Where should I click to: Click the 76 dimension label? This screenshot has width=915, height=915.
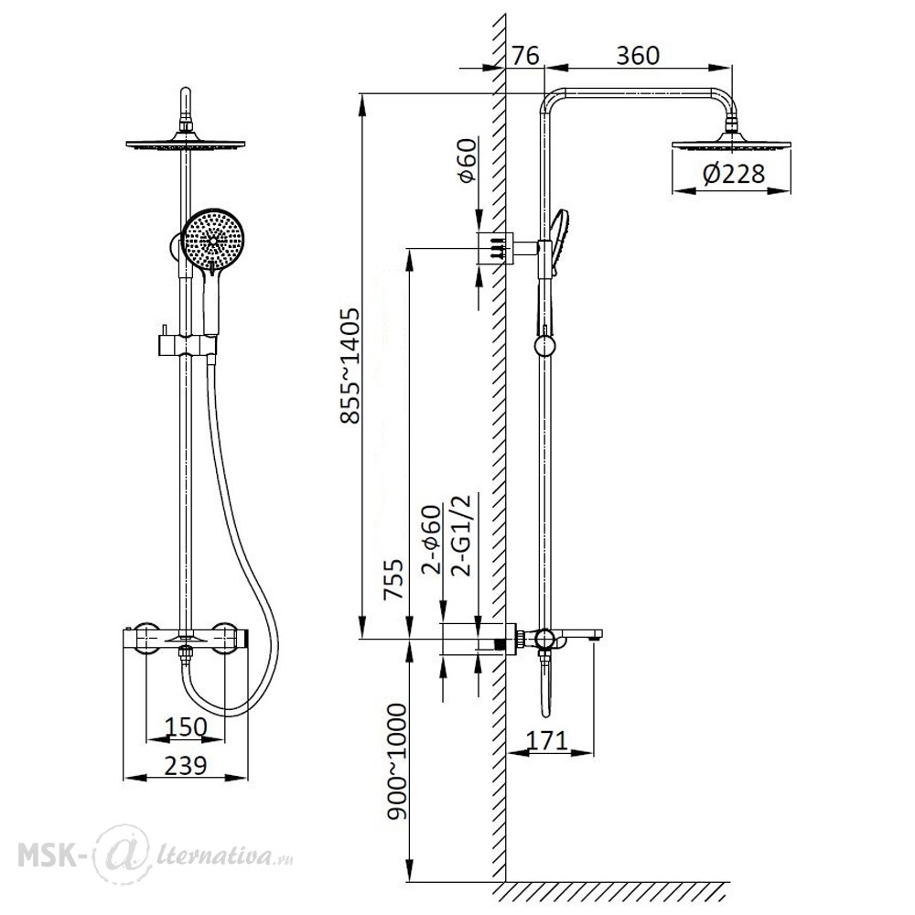(525, 56)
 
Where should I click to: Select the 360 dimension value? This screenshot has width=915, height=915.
(638, 56)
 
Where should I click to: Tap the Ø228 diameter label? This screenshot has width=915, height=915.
(734, 174)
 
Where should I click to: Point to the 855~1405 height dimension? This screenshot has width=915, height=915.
(350, 366)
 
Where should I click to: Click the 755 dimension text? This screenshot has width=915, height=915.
(393, 579)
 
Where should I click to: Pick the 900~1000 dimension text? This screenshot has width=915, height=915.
(397, 761)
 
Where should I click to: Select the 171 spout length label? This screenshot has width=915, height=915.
(547, 740)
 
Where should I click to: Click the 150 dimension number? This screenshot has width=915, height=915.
(186, 727)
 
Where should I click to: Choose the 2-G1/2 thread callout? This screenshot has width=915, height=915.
(461, 535)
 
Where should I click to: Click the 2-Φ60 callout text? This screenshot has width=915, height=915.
(432, 541)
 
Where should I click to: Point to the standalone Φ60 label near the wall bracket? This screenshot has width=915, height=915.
(468, 161)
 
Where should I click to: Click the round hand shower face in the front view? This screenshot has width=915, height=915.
(213, 240)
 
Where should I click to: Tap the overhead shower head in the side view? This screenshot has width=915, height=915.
(731, 144)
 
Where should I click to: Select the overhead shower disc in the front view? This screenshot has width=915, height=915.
(186, 143)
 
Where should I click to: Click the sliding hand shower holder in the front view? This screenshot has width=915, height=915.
(187, 344)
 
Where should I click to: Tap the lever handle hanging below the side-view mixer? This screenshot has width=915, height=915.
(546, 686)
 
